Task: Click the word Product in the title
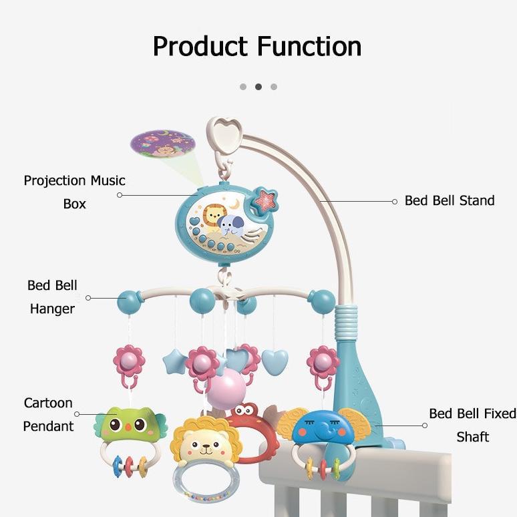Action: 200,47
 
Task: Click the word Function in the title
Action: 309,47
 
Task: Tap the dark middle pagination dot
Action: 258,87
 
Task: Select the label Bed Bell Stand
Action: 450,200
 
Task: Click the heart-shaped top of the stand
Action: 227,134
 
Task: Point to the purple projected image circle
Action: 162,144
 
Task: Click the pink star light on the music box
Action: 264,199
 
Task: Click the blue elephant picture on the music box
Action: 230,224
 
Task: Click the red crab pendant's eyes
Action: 244,411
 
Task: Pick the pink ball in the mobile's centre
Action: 226,388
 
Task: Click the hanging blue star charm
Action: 174,362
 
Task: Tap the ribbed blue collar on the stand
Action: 345,322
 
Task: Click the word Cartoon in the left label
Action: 48,403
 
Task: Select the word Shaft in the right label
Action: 472,437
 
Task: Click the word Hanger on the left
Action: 52,309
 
